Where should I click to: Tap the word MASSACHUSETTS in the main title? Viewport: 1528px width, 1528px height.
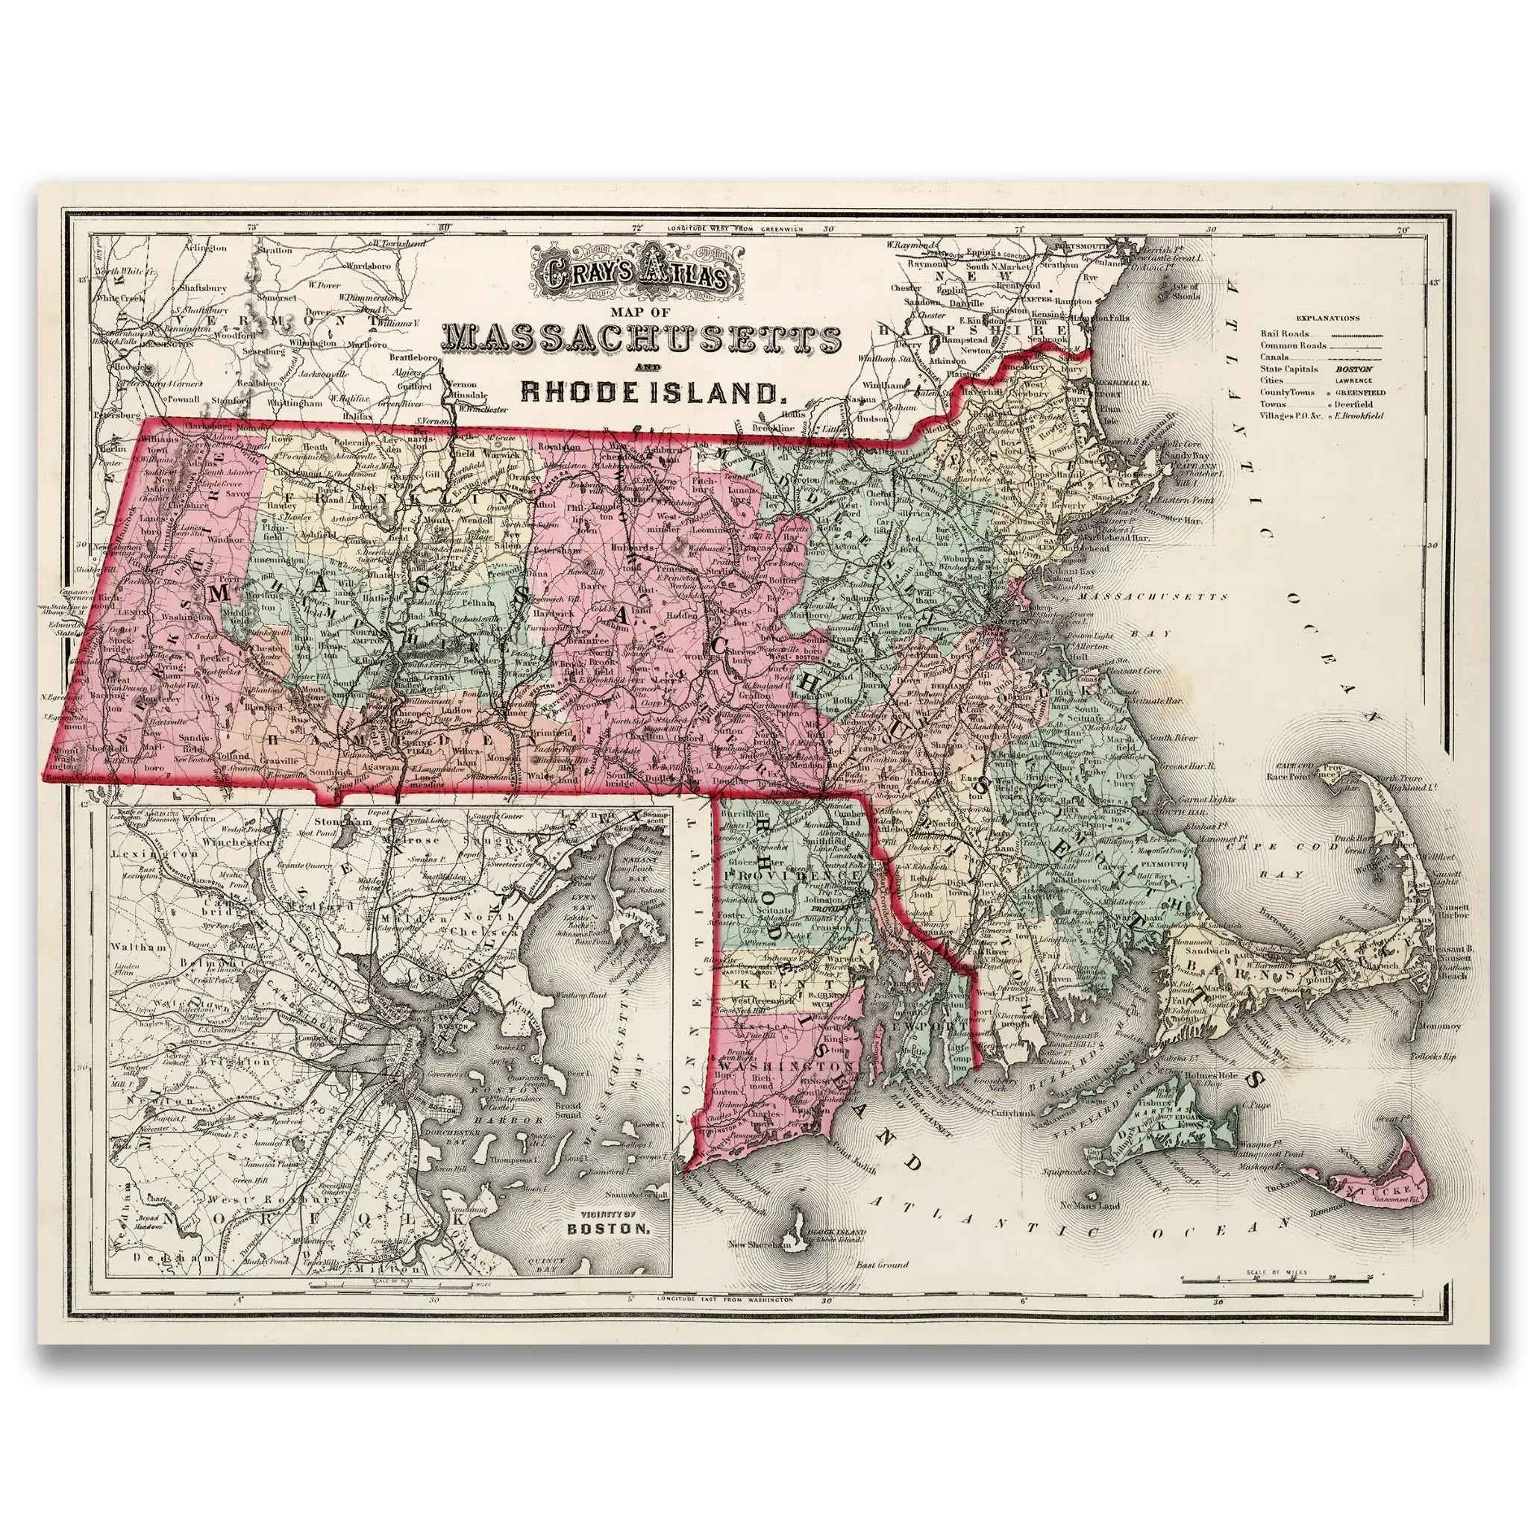641,339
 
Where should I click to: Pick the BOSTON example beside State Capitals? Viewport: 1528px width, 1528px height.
1354,369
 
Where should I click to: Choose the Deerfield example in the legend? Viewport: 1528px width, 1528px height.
1353,404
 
